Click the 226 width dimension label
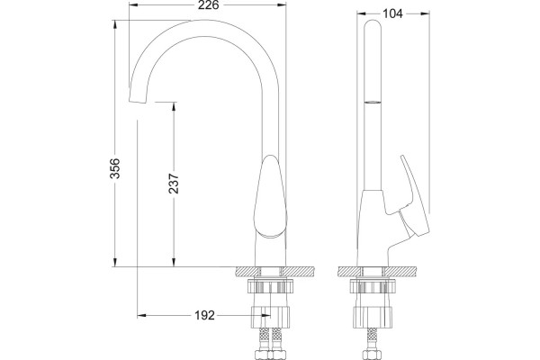[x=209, y=5]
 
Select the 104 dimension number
[x=392, y=13]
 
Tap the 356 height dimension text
[x=115, y=168]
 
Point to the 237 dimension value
[x=174, y=184]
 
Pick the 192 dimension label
[x=204, y=315]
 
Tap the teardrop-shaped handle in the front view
[x=270, y=195]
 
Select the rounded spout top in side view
[x=373, y=26]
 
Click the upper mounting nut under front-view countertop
[x=270, y=286]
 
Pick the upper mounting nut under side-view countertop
[x=373, y=286]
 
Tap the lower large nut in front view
[x=270, y=317]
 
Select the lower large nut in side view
[x=373, y=317]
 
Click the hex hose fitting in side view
[x=371, y=355]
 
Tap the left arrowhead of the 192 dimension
[x=142, y=315]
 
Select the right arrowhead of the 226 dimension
[x=282, y=5]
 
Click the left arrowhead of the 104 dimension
[x=362, y=13]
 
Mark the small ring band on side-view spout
[x=373, y=102]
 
